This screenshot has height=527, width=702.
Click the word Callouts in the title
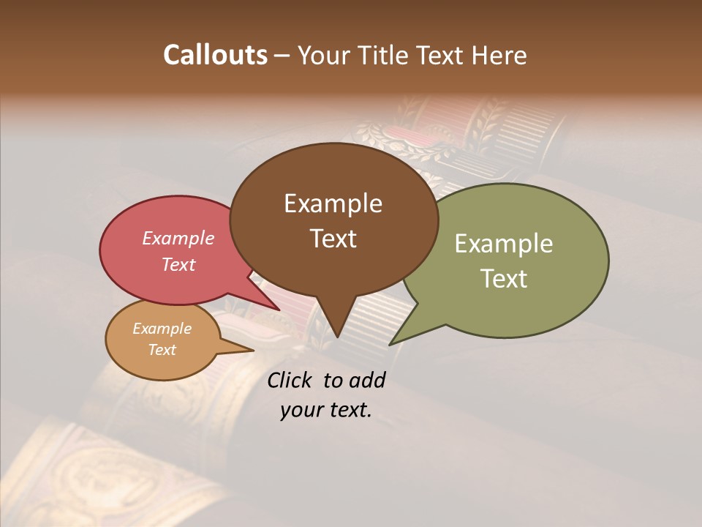coord(215,55)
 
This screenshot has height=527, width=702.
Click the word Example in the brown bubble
coord(333,203)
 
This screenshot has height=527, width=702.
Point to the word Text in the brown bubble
coord(333,239)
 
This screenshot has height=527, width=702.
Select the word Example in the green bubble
coord(504,244)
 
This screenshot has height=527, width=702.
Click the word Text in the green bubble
coord(504,279)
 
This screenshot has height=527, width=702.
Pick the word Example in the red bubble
coord(178,238)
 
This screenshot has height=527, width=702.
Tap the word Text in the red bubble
coord(178,264)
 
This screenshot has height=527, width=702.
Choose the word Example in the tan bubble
coord(162,329)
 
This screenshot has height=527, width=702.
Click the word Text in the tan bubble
coord(162,350)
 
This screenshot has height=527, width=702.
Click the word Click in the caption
coord(290,380)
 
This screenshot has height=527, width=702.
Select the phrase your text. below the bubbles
coord(326,410)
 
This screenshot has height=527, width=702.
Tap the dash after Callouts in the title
coord(282,56)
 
